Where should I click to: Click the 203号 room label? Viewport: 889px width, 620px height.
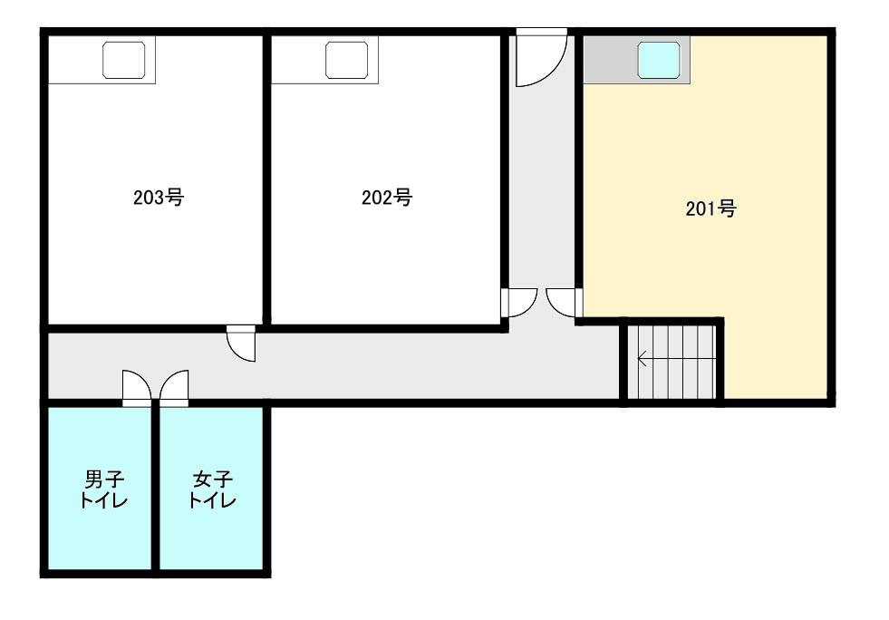[x=159, y=198]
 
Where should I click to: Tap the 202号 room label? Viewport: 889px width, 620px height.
[x=387, y=198]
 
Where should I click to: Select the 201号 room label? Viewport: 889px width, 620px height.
[x=711, y=208]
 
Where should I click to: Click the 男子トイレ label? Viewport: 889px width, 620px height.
[x=103, y=489]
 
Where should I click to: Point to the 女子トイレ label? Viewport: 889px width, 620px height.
[x=212, y=489]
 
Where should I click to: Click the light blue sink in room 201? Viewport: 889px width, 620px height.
[x=658, y=60]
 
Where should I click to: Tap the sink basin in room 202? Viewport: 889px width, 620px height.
[x=346, y=60]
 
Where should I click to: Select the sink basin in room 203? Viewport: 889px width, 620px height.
[x=123, y=60]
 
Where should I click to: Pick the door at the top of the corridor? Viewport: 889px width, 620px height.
[x=541, y=57]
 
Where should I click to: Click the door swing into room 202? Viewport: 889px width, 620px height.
[x=518, y=303]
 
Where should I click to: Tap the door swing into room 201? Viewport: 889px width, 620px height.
[x=565, y=303]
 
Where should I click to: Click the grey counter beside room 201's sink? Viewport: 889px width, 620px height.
[x=610, y=60]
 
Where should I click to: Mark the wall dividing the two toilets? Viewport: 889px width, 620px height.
[x=155, y=489]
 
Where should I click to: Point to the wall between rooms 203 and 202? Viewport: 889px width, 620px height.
[x=266, y=180]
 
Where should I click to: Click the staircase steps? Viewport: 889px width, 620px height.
[x=675, y=363]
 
